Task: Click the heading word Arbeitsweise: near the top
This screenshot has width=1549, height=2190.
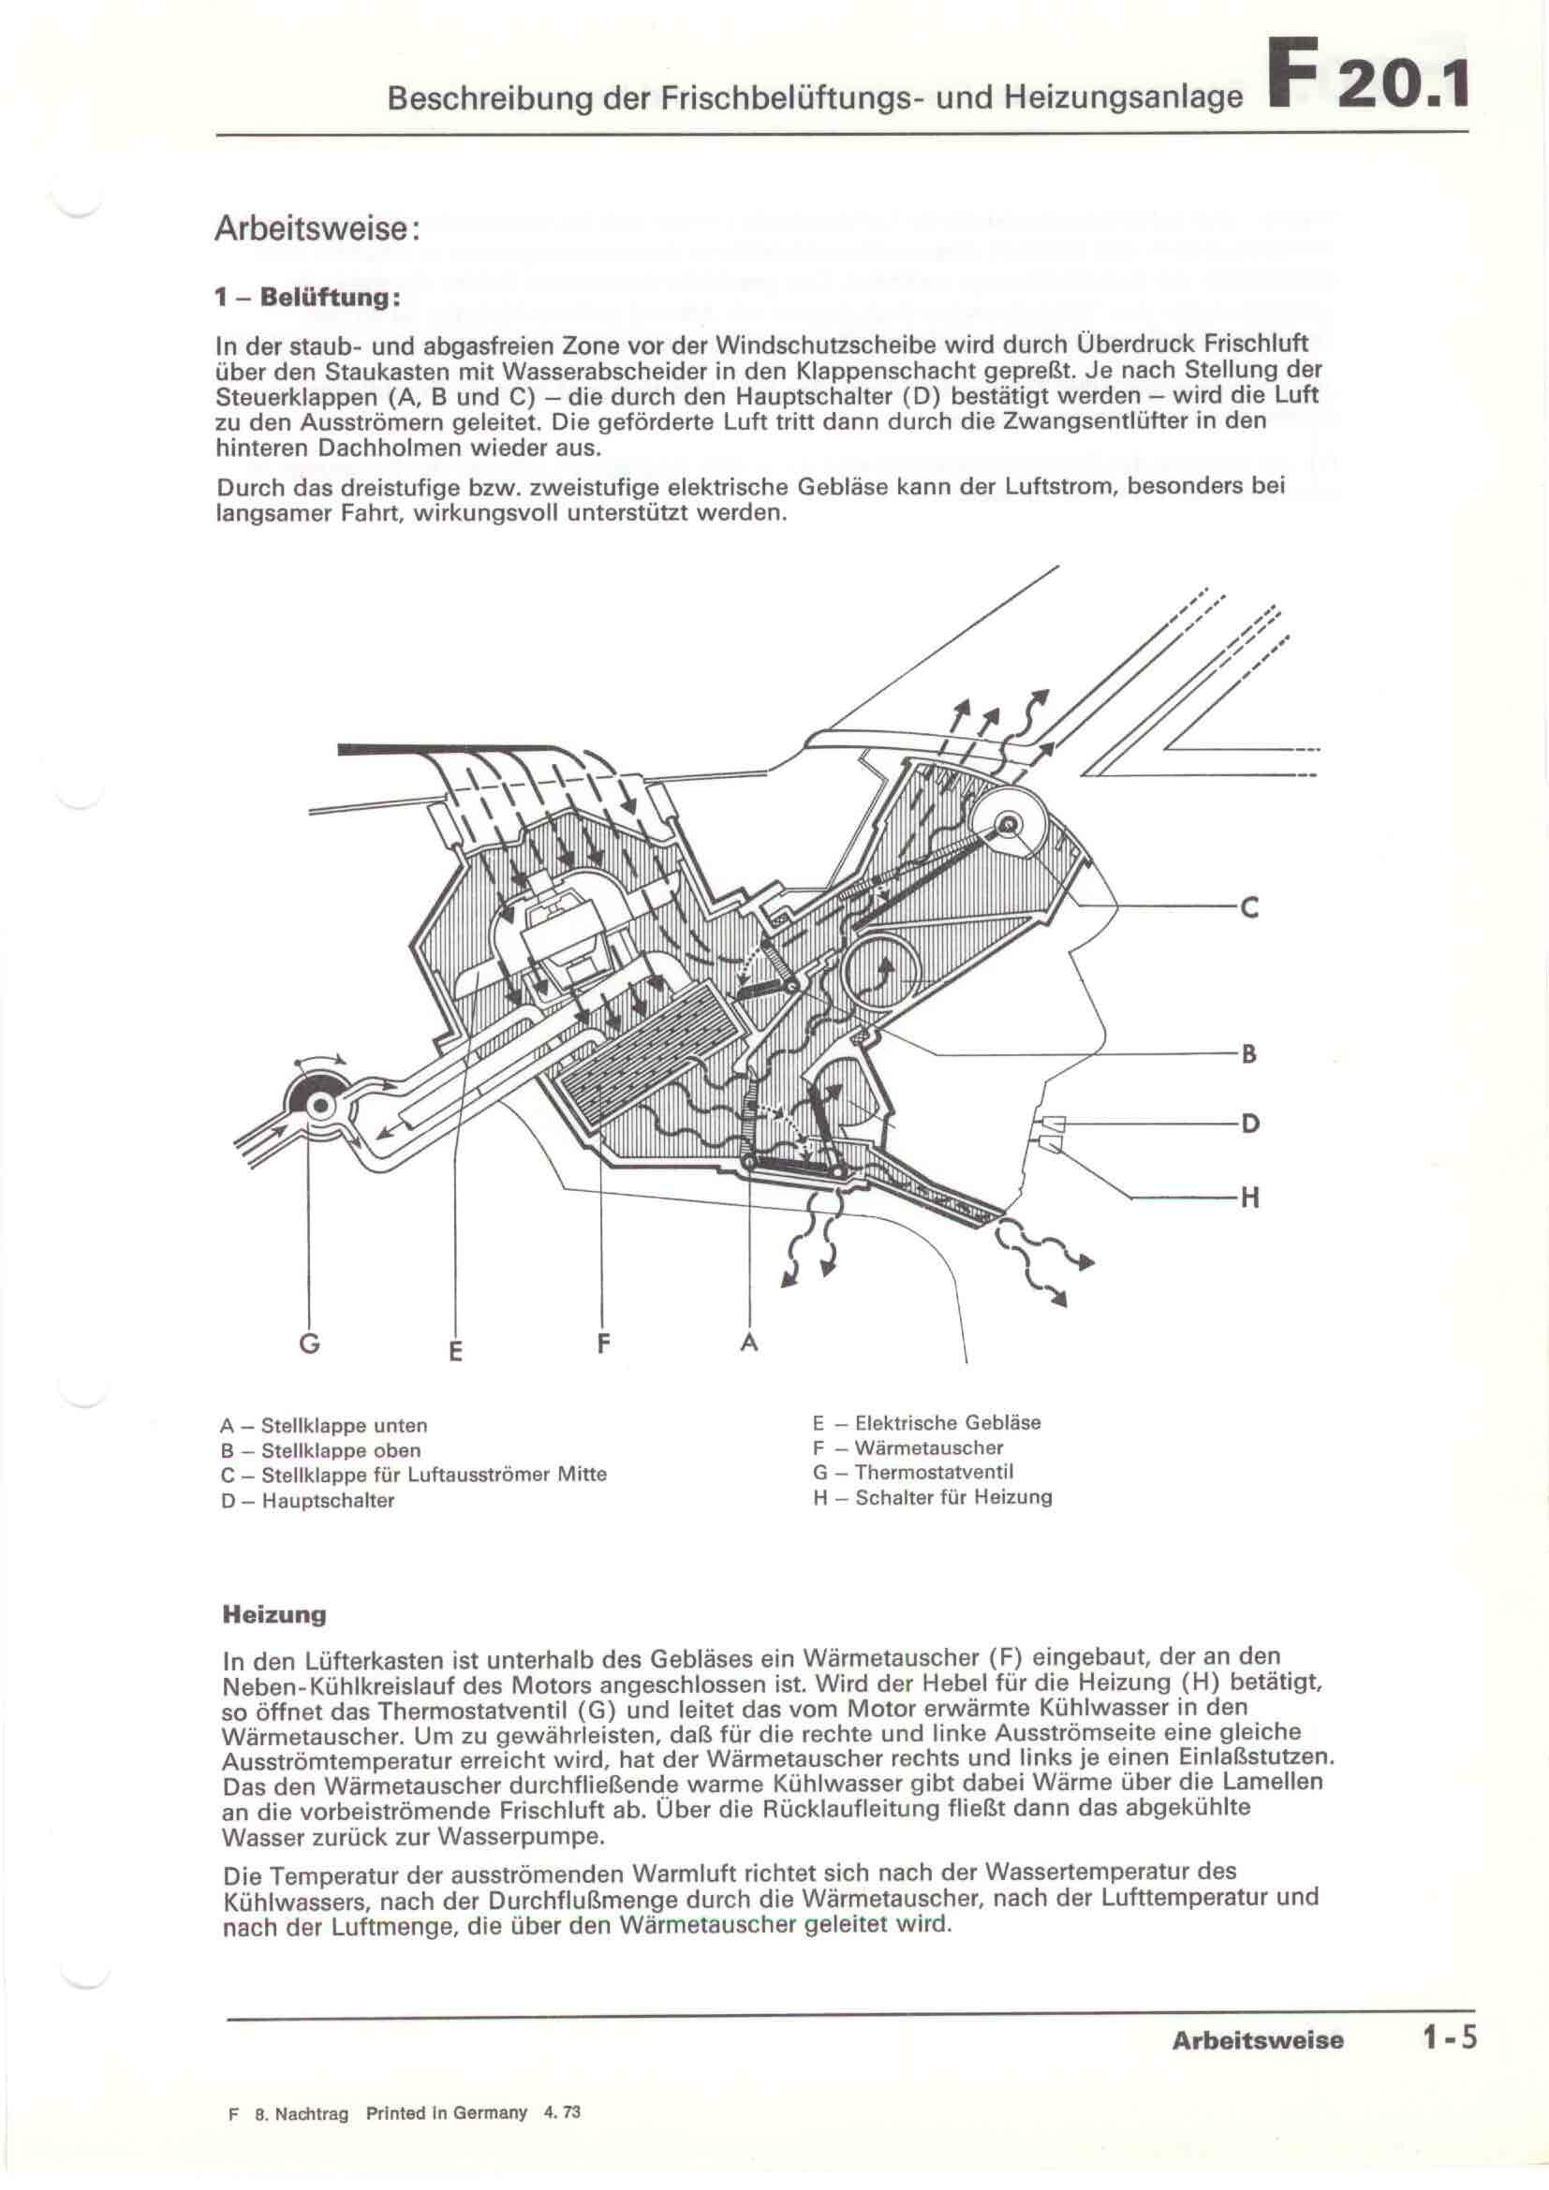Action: click(x=316, y=228)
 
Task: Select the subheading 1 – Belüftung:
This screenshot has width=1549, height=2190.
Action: click(x=306, y=297)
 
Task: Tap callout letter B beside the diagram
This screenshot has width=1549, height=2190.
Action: click(x=1248, y=1054)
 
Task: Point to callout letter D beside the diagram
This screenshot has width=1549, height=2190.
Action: click(x=1249, y=1124)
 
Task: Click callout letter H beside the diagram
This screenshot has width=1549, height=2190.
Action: click(x=1249, y=1198)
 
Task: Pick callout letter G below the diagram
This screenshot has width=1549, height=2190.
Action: click(x=309, y=1344)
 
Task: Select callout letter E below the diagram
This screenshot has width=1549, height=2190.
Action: click(x=456, y=1351)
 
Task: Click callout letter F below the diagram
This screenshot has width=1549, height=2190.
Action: click(x=603, y=1344)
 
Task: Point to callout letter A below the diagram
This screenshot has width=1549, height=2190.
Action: click(x=750, y=1344)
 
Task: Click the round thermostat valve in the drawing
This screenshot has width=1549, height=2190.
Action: click(x=319, y=1106)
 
